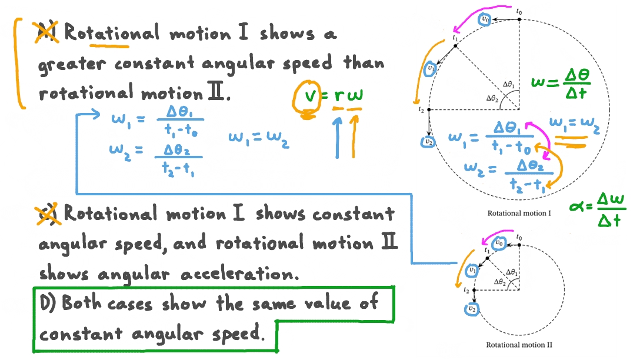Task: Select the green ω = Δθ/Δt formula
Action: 560,84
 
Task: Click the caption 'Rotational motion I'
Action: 519,213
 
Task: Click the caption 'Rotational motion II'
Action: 519,345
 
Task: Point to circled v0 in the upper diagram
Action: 485,19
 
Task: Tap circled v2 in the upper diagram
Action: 429,142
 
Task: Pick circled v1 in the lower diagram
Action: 471,270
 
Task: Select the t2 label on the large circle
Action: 421,109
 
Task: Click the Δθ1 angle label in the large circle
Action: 509,84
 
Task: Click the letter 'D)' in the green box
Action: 48,304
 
